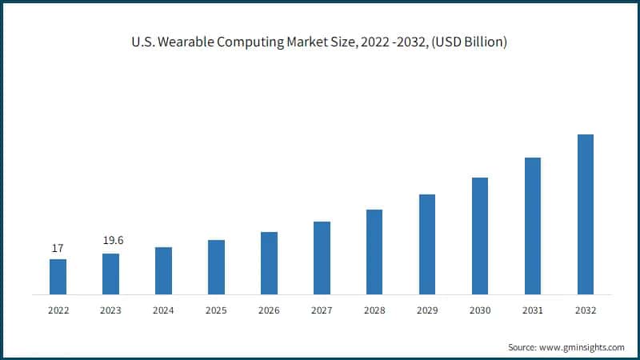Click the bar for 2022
click(58, 277)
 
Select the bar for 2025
click(216, 267)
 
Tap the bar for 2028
click(374, 252)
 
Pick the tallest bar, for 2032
click(586, 214)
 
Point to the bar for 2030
click(480, 236)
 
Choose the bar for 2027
click(322, 258)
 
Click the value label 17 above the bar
click(58, 249)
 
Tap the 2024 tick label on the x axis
click(163, 310)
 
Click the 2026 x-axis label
click(269, 310)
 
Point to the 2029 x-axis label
click(427, 310)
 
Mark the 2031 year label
click(533, 310)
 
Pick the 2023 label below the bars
click(110, 310)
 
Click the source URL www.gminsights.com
click(582, 347)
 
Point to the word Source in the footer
click(522, 347)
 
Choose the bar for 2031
click(533, 226)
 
